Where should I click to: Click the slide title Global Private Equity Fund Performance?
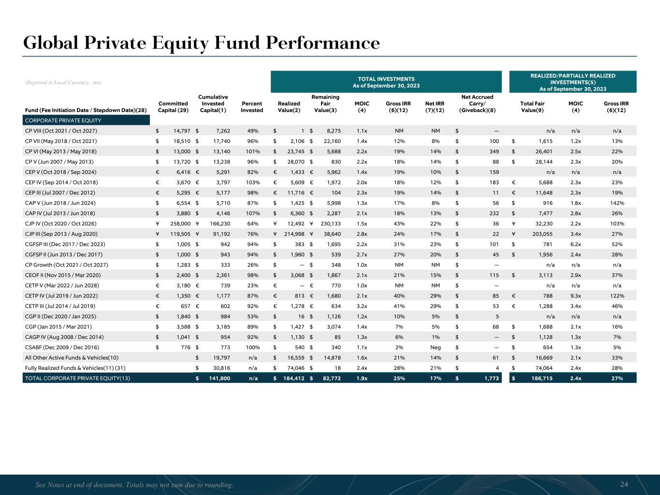pyautogui.click(x=202, y=43)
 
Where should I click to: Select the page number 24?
pyautogui.click(x=624, y=484)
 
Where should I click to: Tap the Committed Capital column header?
pyautogui.click(x=173, y=107)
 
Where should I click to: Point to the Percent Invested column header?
pyautogui.click(x=252, y=107)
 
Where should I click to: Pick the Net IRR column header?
pyautogui.click(x=435, y=107)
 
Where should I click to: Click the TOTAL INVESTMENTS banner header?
pyautogui.click(x=386, y=82)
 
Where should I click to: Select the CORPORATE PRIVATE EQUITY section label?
pyautogui.click(x=63, y=120)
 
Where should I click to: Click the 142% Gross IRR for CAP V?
pyautogui.click(x=616, y=203)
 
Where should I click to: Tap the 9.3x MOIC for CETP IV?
pyautogui.click(x=576, y=296)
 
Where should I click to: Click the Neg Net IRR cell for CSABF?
pyautogui.click(x=435, y=348)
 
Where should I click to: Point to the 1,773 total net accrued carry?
pyautogui.click(x=491, y=379)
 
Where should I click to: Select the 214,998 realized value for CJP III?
pyautogui.click(x=293, y=234)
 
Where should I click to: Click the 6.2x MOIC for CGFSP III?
pyautogui.click(x=576, y=244)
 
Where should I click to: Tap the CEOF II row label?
pyautogui.click(x=63, y=275)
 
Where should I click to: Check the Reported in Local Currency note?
pyautogui.click(x=63, y=83)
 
